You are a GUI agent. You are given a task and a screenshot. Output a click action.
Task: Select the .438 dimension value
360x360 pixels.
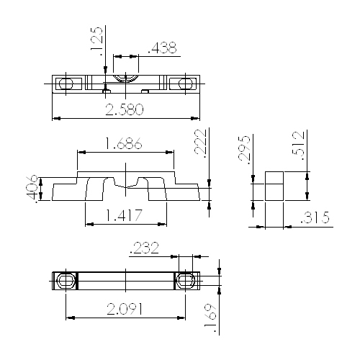[x=162, y=48]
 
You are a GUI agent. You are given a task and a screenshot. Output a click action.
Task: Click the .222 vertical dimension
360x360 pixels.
[x=201, y=143]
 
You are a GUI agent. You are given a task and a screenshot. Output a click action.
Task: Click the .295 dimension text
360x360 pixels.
[x=245, y=149]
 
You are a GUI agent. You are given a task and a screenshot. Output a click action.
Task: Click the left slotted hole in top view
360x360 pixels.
[x=66, y=83]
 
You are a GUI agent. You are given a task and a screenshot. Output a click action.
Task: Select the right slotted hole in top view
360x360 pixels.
[x=186, y=83]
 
